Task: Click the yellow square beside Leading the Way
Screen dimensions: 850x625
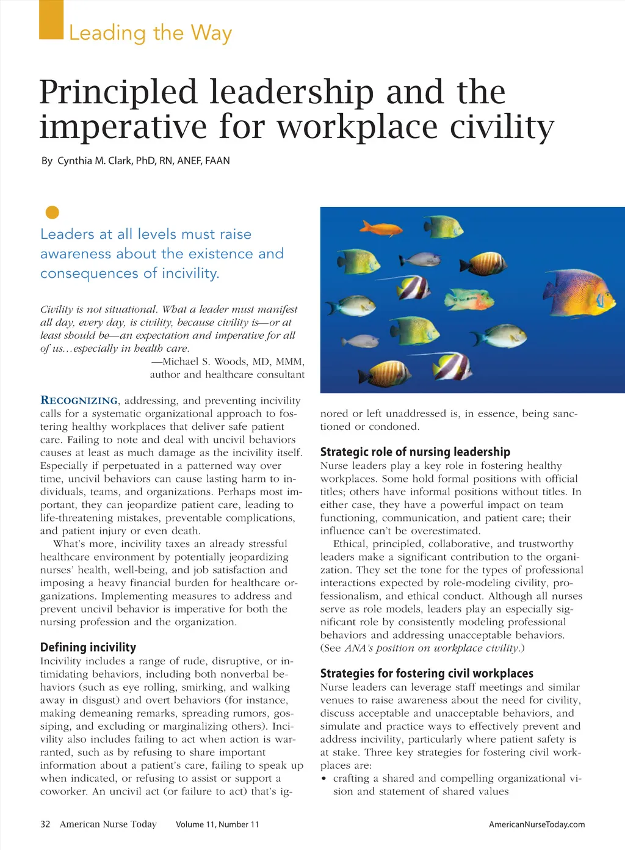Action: [51, 20]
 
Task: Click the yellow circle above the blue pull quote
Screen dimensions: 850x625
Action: [52, 212]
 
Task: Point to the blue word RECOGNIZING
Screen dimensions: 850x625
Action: [79, 401]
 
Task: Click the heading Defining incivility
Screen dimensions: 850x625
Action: [88, 647]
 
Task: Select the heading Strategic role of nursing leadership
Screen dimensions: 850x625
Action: [415, 452]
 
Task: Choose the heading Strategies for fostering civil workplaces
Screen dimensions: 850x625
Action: [427, 674]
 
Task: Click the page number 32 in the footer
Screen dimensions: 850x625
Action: [45, 824]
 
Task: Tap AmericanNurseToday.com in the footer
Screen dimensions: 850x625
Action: [536, 824]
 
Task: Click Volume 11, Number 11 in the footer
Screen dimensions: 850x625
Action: [217, 824]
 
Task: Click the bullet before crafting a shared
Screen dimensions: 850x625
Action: [324, 779]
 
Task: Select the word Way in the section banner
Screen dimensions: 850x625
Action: [211, 33]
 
